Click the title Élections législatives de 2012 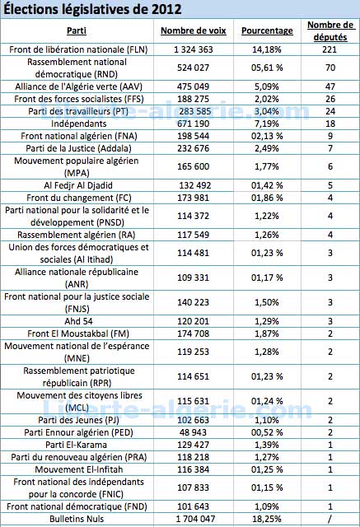pyautogui.click(x=92, y=9)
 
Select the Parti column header pyautogui.click(x=77, y=30)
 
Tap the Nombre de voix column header pyautogui.click(x=194, y=30)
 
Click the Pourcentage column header pyautogui.click(x=267, y=31)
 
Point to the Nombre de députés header pyautogui.click(x=330, y=31)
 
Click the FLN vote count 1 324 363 pyautogui.click(x=194, y=49)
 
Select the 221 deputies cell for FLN pyautogui.click(x=330, y=49)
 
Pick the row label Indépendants pyautogui.click(x=78, y=124)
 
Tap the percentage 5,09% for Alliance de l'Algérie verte pyautogui.click(x=267, y=86)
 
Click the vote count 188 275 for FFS pyautogui.click(x=194, y=99)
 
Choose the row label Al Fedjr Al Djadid pyautogui.click(x=78, y=185)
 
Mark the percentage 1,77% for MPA pyautogui.click(x=267, y=166)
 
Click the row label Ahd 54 pyautogui.click(x=78, y=321)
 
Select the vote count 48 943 pyautogui.click(x=194, y=432)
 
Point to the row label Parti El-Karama pyautogui.click(x=77, y=445)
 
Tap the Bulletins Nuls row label pyautogui.click(x=77, y=519)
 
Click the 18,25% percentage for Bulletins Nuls pyautogui.click(x=267, y=519)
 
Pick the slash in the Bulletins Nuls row pyautogui.click(x=330, y=519)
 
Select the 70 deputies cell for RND pyautogui.click(x=330, y=68)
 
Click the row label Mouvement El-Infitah pyautogui.click(x=78, y=469)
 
